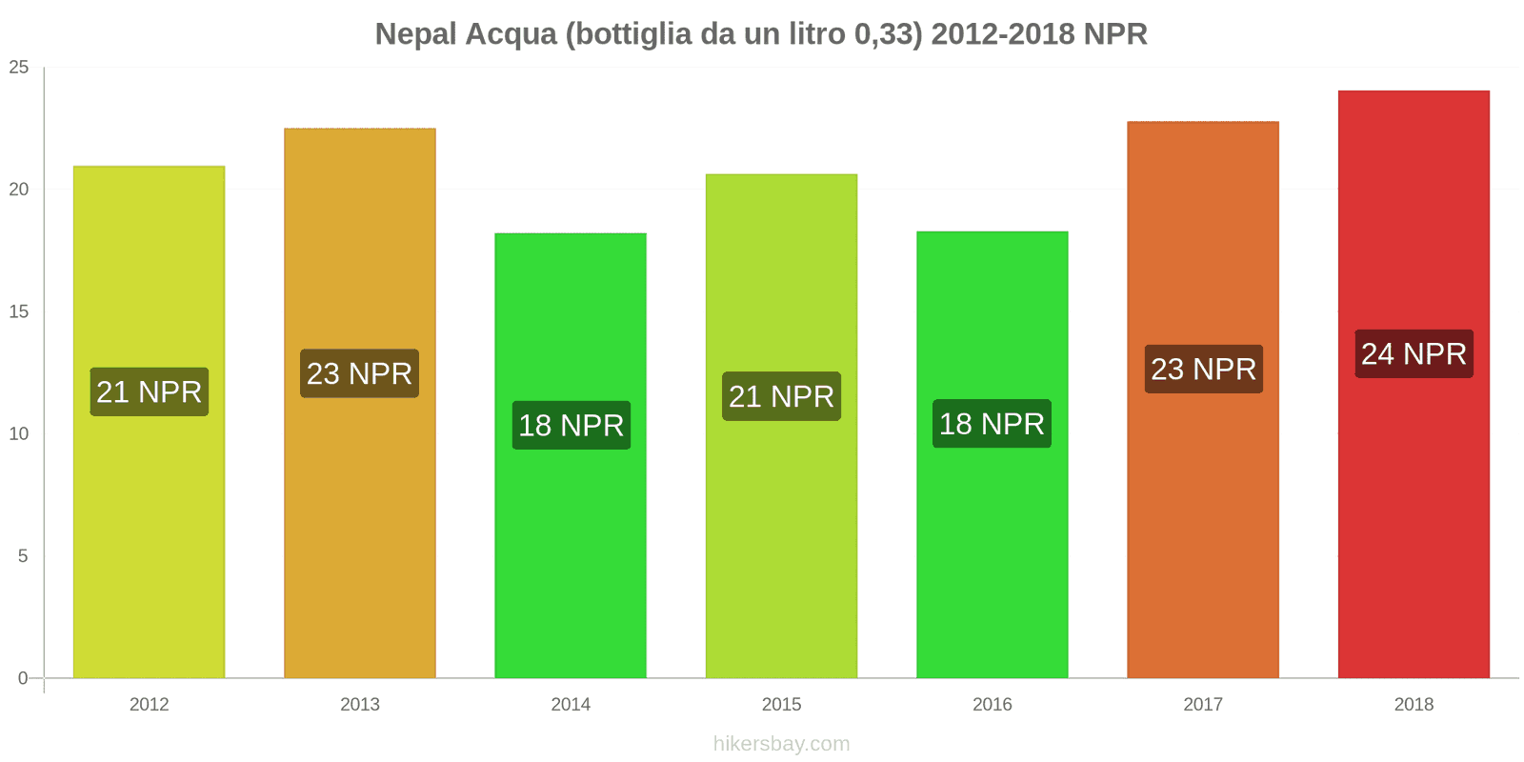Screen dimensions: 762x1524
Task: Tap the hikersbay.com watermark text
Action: point(781,744)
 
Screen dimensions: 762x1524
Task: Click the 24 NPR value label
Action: point(1414,354)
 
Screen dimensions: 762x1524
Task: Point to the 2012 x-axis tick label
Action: point(149,705)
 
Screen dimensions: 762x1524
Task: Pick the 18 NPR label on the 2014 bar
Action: point(571,426)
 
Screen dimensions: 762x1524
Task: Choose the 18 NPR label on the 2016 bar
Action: point(992,424)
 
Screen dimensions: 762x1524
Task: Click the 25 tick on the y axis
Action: point(19,68)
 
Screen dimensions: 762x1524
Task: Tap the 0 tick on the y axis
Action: point(23,678)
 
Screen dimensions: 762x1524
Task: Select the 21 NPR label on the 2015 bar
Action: point(781,396)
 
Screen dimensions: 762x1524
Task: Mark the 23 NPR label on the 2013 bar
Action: point(359,373)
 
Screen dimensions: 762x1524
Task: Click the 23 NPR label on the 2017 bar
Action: point(1203,370)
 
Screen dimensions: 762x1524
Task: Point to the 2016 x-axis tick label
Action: point(992,705)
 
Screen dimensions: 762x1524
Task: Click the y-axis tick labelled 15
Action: point(19,311)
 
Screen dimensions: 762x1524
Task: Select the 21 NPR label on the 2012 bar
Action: point(149,392)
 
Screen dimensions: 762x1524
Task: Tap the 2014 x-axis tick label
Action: point(571,705)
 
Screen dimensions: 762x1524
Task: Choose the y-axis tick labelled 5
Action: point(23,556)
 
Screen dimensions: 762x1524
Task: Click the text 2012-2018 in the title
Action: point(1003,34)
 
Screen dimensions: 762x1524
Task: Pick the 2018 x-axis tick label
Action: point(1414,705)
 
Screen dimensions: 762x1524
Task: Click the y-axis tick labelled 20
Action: point(19,190)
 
